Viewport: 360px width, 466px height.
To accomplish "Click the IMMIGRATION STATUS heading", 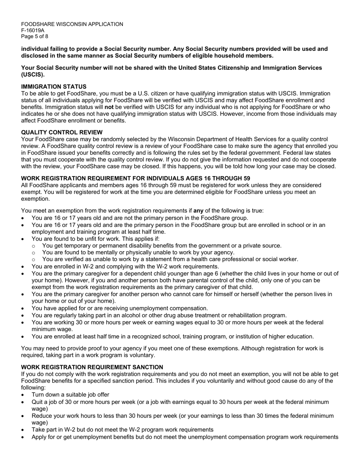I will coord(53,87).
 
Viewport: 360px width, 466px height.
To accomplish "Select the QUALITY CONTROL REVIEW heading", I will coord(62,132).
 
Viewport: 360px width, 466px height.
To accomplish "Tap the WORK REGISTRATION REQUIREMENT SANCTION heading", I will coord(92,367).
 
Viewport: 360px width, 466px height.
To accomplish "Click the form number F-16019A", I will coord(33,30).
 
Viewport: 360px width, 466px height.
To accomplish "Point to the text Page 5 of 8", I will coord(34,36).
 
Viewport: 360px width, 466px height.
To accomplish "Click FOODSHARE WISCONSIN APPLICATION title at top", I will coord(72,24).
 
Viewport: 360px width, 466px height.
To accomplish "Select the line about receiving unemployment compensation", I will coord(120,308).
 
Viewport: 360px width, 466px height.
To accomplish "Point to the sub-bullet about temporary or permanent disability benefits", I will coord(162,246).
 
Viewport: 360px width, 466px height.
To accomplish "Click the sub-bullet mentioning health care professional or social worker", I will coord(170,259).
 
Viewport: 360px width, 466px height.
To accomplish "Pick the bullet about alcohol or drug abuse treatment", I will coord(159,315).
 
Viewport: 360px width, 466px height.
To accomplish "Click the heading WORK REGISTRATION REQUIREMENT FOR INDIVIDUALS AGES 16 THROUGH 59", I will coord(135,178).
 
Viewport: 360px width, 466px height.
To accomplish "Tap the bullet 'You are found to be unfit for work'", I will coord(95,239).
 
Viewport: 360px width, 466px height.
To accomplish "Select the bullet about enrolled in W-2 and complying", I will coord(125,266).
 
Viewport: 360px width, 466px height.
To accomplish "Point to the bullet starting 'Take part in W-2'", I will coord(122,430).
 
